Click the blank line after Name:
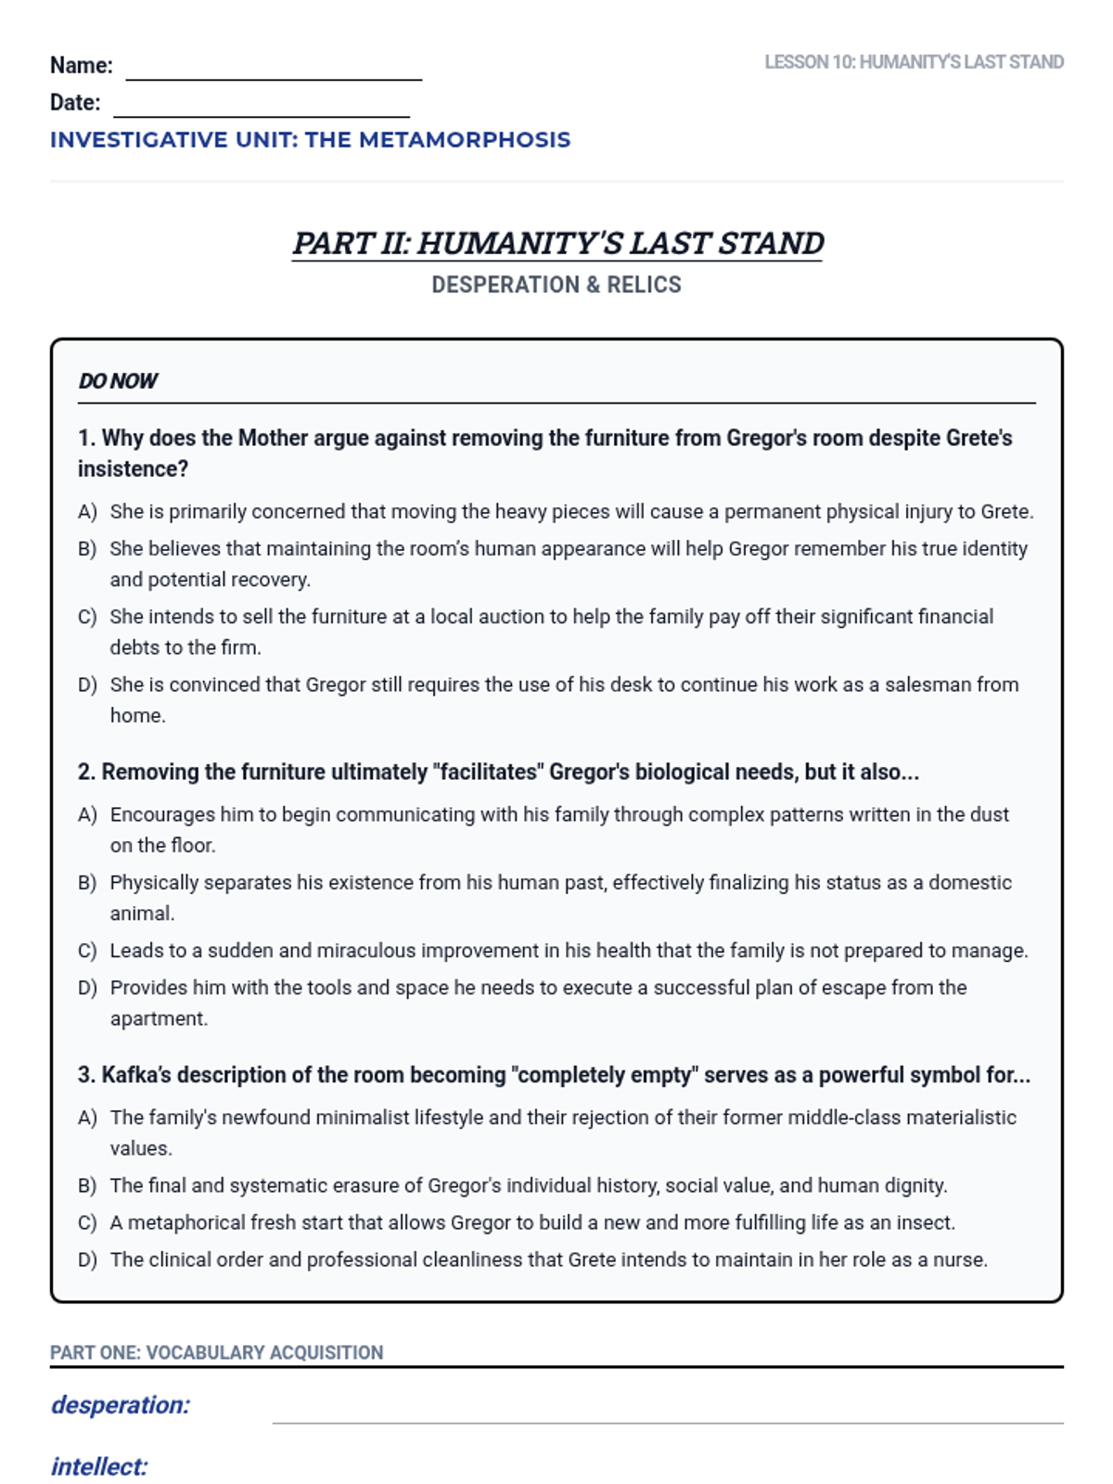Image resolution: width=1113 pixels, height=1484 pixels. point(274,74)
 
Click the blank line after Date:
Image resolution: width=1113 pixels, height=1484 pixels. point(262,111)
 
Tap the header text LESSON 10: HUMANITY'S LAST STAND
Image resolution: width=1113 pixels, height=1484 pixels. point(914,62)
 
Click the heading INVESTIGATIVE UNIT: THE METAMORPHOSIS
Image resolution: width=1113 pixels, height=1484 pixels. point(310,140)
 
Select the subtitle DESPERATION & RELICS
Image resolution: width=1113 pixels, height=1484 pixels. point(556,285)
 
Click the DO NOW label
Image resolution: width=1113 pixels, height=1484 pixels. point(118,381)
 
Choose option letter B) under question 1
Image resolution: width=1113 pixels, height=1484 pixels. point(87,549)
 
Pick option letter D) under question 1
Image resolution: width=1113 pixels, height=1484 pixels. point(87,685)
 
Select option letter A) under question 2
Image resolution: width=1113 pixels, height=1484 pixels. point(87,815)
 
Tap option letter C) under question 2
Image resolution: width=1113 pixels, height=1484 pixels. point(87,952)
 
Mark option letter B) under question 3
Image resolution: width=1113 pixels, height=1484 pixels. point(87,1186)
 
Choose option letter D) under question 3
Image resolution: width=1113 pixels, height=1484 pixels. point(87,1260)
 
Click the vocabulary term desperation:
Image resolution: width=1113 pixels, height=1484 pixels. point(120,1405)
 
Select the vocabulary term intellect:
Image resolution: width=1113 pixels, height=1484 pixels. point(99,1467)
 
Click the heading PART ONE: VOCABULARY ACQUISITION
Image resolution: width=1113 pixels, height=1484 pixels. point(216,1352)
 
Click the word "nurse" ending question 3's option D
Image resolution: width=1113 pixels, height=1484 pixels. point(961,1260)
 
